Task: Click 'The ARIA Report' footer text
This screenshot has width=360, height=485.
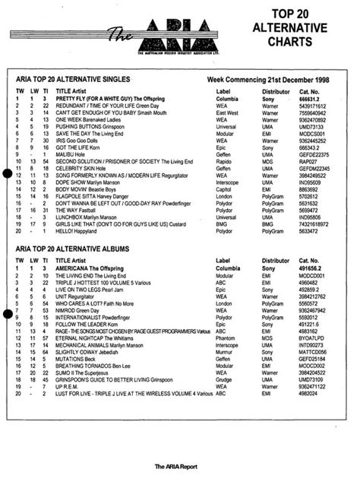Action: click(180, 466)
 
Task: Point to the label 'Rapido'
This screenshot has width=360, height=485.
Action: click(225, 160)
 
